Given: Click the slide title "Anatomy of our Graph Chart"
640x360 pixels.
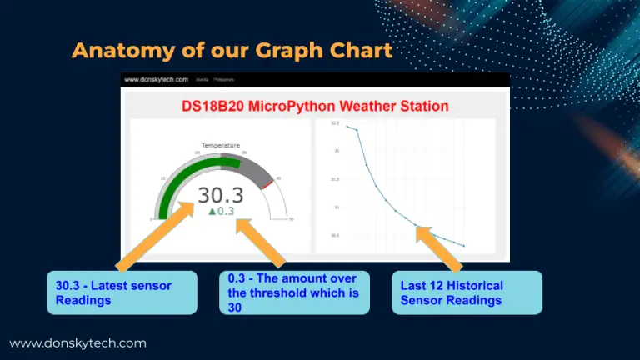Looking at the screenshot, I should click(232, 51).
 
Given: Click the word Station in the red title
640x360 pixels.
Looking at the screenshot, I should click(420, 107).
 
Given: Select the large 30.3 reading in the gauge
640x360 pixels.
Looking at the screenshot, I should click(220, 194).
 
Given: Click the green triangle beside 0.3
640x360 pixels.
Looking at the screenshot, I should click(212, 212).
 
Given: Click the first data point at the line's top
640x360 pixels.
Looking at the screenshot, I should click(347, 127).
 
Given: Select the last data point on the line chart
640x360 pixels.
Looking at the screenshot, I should click(463, 246).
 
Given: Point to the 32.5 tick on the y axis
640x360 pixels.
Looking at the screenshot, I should click(335, 123).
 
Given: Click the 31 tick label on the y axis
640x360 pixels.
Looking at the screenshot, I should click(336, 207).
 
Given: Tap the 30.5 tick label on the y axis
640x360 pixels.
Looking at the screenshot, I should click(335, 235).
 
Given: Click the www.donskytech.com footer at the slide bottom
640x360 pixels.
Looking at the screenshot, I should click(77, 342).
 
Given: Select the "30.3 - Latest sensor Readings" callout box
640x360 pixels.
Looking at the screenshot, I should click(122, 292).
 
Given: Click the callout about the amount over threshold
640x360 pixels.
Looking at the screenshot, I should click(294, 292).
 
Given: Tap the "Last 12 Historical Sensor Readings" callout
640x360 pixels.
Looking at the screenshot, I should click(467, 292).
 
